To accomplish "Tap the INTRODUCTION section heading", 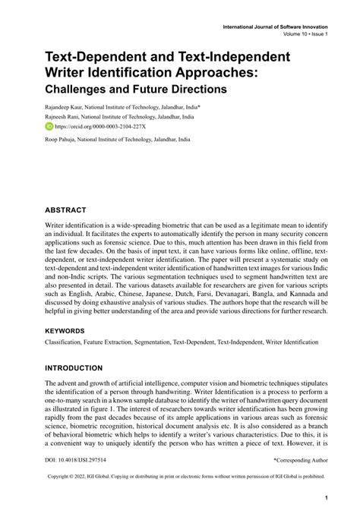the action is coord(73,368).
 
